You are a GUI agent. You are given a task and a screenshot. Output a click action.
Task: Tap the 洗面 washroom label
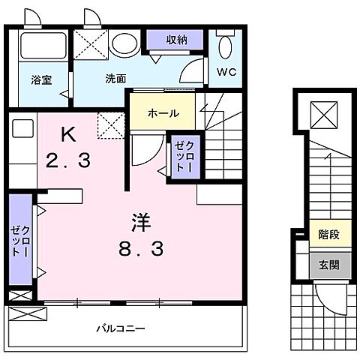point(115,77)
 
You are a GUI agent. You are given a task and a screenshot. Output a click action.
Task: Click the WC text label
point(226,72)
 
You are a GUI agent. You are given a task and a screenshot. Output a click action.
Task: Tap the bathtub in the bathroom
point(42,46)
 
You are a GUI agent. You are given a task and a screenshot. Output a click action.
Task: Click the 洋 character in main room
point(139,223)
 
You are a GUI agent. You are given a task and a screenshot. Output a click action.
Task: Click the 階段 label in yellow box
point(329,235)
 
